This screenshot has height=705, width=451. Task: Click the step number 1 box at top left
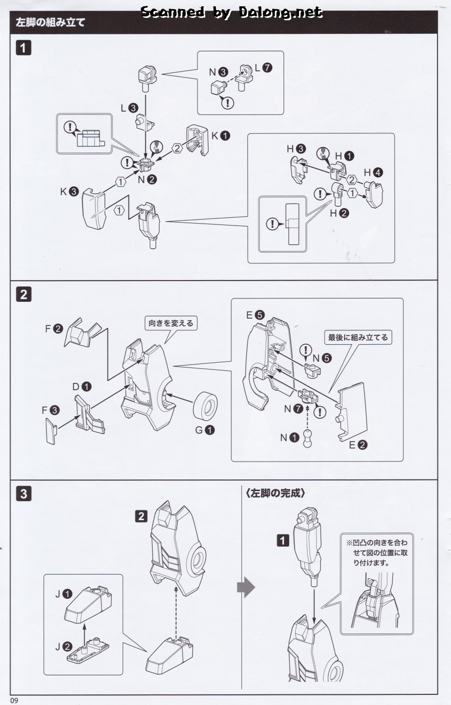point(23,48)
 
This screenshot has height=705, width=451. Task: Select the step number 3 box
point(23,493)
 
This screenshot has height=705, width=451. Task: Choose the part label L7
point(263,68)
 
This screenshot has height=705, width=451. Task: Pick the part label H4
point(373,172)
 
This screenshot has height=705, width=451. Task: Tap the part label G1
point(205,430)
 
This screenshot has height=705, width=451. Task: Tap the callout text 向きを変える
point(171,323)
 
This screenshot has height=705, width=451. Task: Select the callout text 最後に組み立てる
point(358,338)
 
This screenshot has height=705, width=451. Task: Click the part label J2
point(63,647)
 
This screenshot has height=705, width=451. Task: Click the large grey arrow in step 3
point(246,587)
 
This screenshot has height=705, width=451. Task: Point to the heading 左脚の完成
point(275,493)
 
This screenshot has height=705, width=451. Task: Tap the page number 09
point(14,700)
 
